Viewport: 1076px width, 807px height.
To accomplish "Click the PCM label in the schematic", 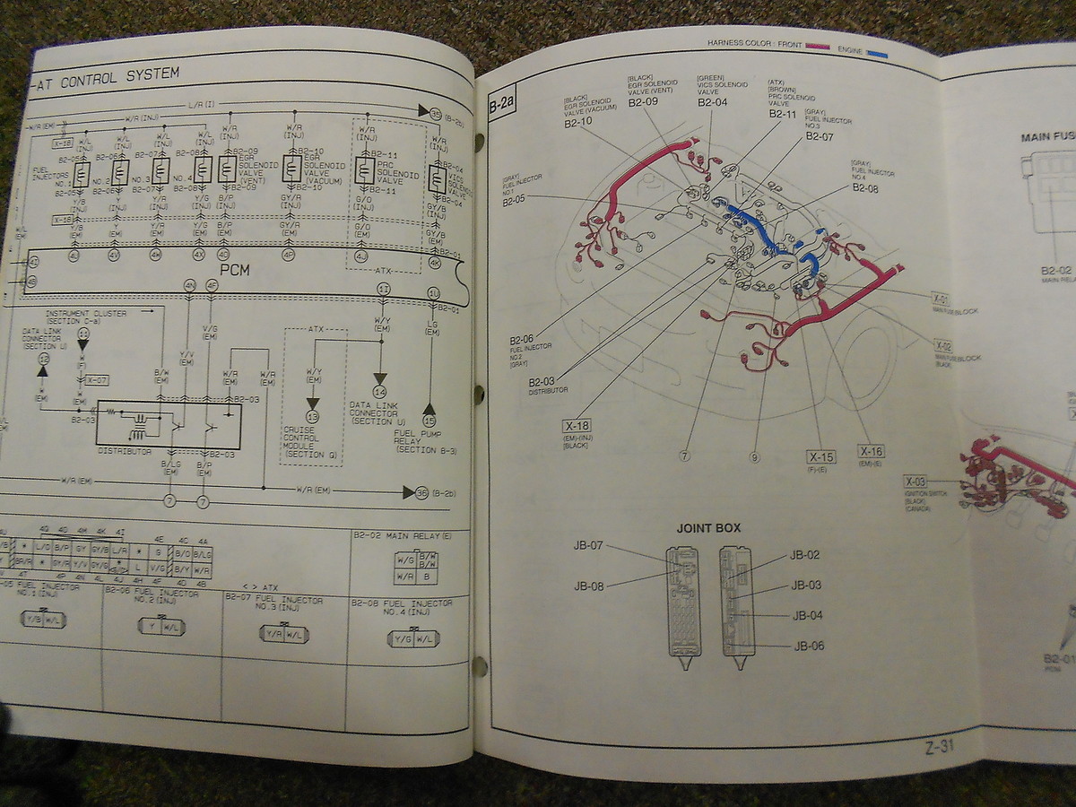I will pos(237,268).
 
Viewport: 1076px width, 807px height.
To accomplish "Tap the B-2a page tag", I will pos(500,107).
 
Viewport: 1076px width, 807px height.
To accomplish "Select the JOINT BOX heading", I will pos(708,528).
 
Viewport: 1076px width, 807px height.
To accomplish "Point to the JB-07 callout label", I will pos(590,545).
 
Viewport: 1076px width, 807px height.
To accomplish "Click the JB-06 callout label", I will pos(808,646).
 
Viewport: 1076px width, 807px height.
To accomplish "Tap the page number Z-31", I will pos(938,746).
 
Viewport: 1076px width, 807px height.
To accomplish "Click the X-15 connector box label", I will pos(820,457).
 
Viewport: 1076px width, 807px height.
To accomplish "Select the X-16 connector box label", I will pos(871,451).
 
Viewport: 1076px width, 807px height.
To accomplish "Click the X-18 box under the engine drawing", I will pos(577,426).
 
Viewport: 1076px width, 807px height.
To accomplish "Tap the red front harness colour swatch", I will pos(817,44).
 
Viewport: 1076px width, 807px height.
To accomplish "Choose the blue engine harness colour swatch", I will pos(876,53).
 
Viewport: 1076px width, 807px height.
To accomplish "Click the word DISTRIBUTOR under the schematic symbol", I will pos(126,451).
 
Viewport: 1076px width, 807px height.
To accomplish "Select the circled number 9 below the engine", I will pos(754,457).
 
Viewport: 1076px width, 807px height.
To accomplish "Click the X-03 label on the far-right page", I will pos(915,482).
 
